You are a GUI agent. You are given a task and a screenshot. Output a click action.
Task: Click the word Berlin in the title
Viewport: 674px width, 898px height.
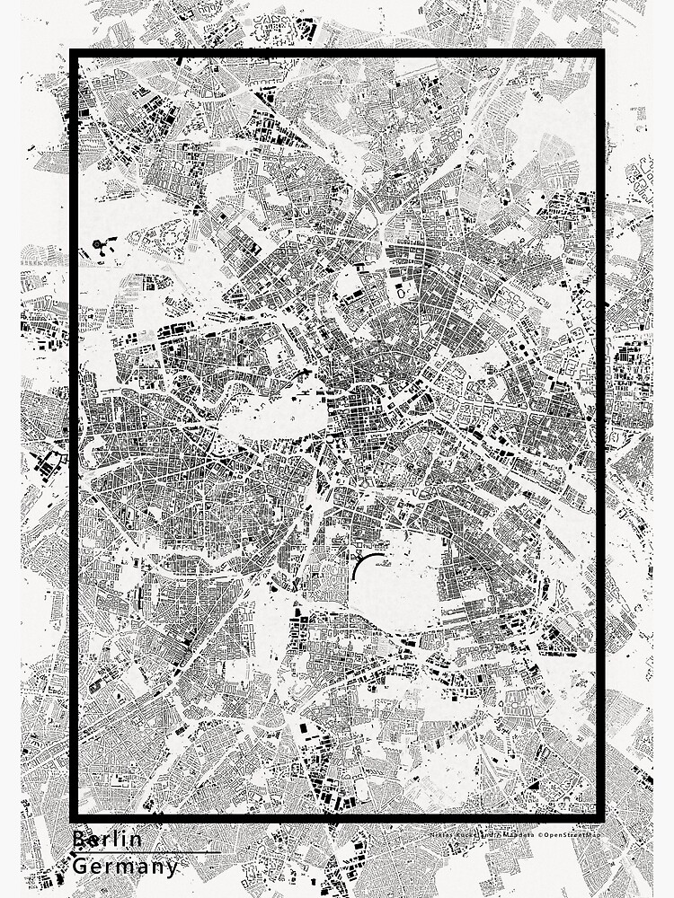[x=107, y=840]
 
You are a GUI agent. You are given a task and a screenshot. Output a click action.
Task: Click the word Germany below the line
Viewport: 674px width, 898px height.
[x=125, y=867]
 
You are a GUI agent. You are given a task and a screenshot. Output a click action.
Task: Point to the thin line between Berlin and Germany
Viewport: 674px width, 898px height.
[x=144, y=852]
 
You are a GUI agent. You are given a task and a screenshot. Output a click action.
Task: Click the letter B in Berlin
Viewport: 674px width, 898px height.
[x=78, y=840]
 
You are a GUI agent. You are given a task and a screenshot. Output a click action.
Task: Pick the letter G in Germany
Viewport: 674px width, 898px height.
[x=79, y=867]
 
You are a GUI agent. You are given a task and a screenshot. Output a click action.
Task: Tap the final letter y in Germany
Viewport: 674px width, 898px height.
[x=172, y=868]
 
